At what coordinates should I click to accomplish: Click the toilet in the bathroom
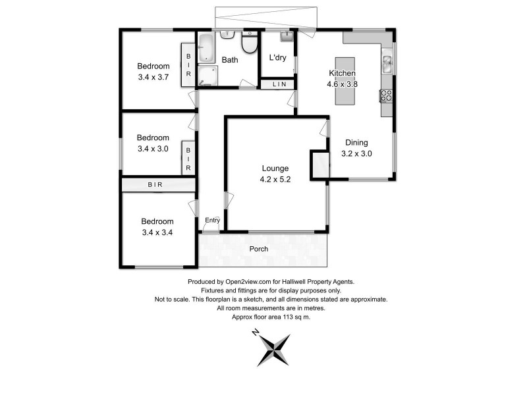pos(249,44)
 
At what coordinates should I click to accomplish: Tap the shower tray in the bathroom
pos(207,76)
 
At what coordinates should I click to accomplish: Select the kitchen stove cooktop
pos(387,95)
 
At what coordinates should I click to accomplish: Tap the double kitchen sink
pos(387,64)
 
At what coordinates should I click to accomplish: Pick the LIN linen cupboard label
pos(279,84)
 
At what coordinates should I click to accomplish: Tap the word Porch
pos(258,249)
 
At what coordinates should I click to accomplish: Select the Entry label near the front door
pos(212,220)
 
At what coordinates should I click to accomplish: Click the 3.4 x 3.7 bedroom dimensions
pos(153,77)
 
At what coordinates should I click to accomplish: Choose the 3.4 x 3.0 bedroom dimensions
pos(153,149)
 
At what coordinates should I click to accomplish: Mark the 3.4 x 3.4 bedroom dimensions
pos(157,232)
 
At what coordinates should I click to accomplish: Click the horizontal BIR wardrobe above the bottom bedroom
pos(155,185)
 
